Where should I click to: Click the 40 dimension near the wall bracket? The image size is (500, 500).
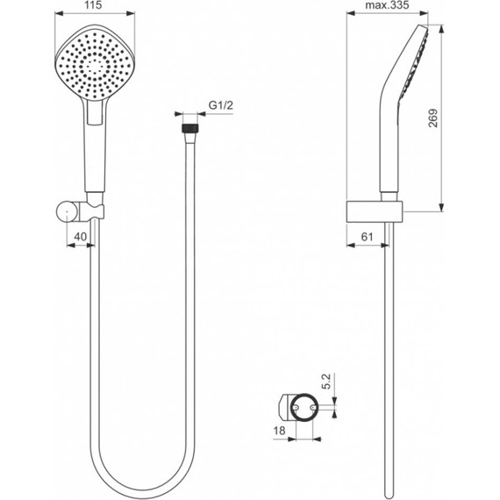(x=80, y=237)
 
